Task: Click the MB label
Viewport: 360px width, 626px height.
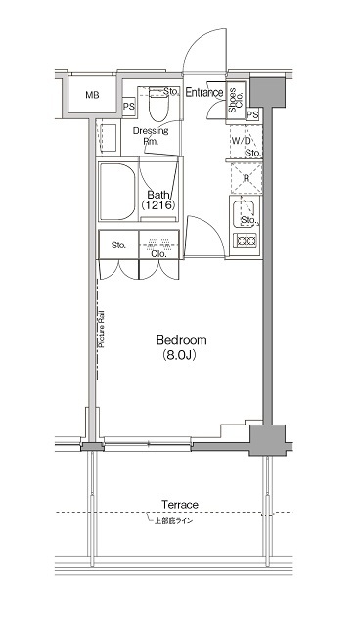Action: [91, 95]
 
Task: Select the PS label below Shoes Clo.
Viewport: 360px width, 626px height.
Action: [252, 115]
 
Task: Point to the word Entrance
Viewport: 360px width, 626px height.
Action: [204, 94]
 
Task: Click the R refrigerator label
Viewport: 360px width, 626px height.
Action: [245, 177]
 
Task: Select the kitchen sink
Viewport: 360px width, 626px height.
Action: [246, 212]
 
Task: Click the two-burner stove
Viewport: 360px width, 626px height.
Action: [245, 239]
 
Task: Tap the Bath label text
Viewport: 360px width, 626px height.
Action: [156, 194]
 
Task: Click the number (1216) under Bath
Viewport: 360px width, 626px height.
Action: [156, 206]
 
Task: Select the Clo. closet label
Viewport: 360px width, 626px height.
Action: [157, 254]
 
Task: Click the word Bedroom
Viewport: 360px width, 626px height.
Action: [181, 340]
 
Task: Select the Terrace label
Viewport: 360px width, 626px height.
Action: [180, 504]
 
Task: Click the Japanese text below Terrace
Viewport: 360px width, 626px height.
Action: [180, 520]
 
